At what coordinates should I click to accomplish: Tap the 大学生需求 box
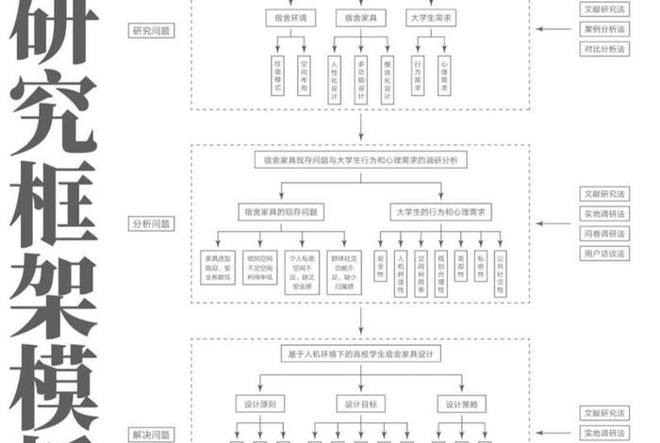[431, 18]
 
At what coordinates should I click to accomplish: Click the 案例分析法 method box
[604, 29]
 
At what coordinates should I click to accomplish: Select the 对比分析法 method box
[604, 49]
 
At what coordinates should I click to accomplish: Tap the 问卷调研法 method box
[604, 234]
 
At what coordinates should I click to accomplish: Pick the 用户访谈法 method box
[604, 254]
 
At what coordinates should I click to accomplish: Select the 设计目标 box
[360, 403]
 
